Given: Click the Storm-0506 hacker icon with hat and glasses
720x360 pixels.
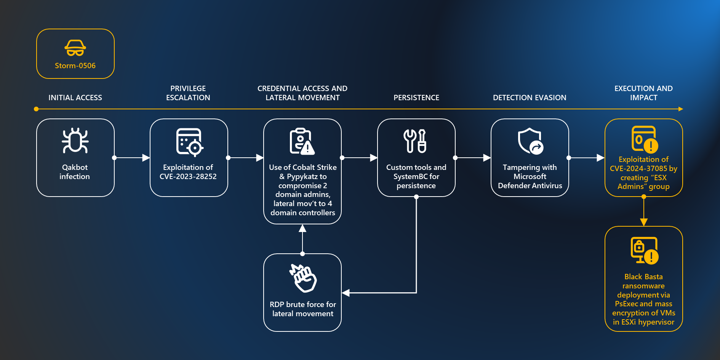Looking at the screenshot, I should (75, 48).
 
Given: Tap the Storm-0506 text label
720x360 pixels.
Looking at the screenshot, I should (75, 66).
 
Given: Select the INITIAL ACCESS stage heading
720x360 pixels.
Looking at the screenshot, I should (75, 98).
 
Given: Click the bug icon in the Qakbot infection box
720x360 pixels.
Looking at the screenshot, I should (75, 141).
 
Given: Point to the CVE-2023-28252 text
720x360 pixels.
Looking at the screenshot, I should (188, 176).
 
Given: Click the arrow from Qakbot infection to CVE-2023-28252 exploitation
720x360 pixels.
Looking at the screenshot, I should (132, 157).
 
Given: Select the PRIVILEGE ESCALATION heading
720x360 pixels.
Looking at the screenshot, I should (188, 93).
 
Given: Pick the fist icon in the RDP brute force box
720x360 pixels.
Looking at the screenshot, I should (303, 278).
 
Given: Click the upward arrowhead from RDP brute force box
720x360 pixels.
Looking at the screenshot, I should (302, 228).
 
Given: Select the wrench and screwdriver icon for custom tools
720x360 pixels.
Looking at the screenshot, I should (415, 141).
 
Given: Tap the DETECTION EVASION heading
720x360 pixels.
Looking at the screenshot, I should (530, 98).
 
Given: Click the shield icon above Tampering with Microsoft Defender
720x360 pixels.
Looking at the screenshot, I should (530, 141).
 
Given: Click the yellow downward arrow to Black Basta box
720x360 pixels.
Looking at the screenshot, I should (644, 221).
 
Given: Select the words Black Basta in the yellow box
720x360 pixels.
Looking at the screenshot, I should (643, 277).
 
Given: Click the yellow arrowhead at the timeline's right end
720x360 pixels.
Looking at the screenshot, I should (681, 109).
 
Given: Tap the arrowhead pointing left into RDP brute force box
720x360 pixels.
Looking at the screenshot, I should (346, 293).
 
